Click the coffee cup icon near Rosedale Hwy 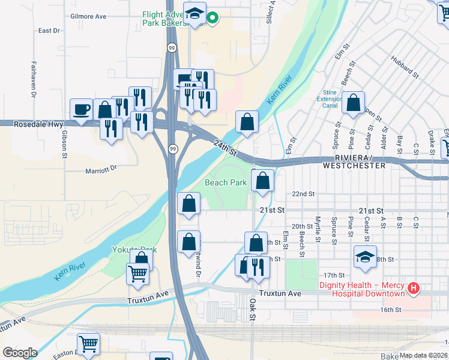click(x=81, y=110)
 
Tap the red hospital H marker click(x=413, y=289)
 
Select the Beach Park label click(x=226, y=182)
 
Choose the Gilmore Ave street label click(x=88, y=16)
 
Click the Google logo click(x=20, y=352)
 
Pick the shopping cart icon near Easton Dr click(x=89, y=344)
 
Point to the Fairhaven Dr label click(x=34, y=80)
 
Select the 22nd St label click(x=303, y=194)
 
